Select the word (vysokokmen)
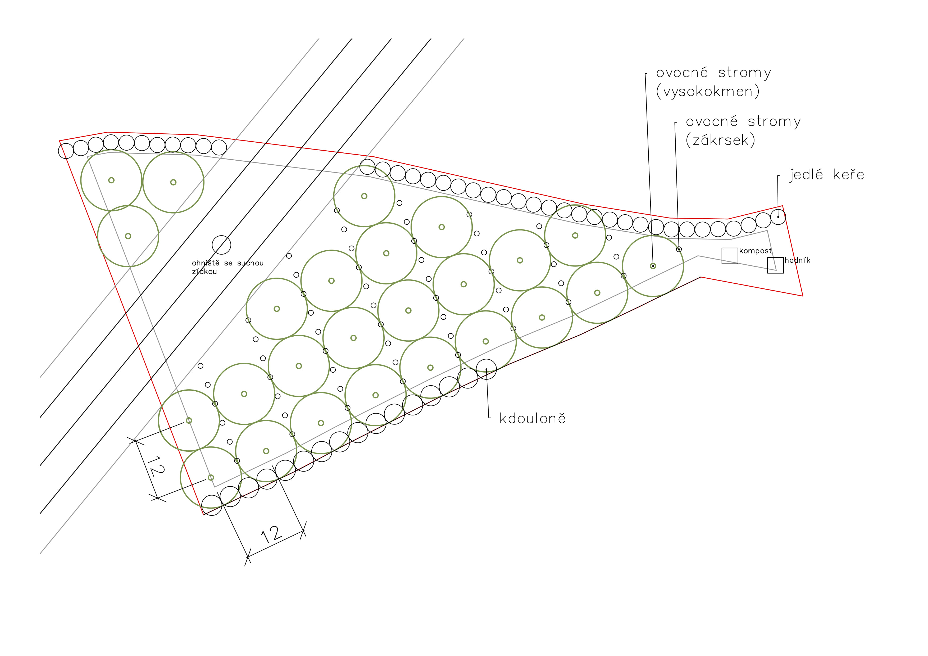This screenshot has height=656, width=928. click(707, 91)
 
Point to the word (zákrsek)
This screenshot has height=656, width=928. click(720, 140)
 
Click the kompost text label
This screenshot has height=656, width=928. click(756, 251)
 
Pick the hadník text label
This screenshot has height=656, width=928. click(797, 260)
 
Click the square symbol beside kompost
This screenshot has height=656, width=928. click(730, 256)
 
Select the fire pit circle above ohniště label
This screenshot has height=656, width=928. click(221, 245)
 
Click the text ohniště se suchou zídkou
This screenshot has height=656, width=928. click(228, 267)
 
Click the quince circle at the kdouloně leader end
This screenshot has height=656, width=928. click(486, 369)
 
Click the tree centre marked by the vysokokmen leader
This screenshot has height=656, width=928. click(653, 266)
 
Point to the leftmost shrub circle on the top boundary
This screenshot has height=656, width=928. click(66, 151)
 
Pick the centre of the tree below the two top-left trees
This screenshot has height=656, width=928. click(128, 236)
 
